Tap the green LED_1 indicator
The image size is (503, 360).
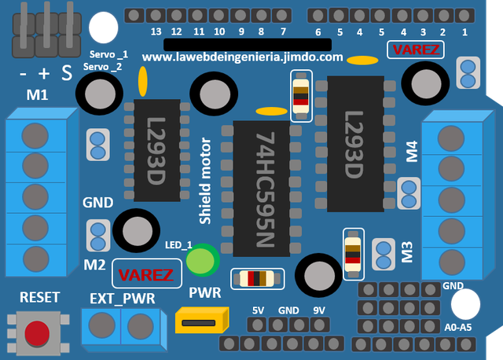(x=203, y=261)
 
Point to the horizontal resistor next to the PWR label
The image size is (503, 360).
(x=252, y=278)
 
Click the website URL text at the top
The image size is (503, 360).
(x=242, y=57)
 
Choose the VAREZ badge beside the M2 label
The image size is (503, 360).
(x=145, y=274)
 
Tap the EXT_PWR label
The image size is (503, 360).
(x=122, y=299)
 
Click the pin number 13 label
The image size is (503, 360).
(x=156, y=32)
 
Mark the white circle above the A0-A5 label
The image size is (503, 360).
(x=465, y=303)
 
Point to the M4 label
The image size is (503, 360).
(x=411, y=151)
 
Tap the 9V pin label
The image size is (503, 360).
(x=319, y=310)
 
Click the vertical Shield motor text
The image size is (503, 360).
(x=205, y=182)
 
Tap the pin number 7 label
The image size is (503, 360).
(x=283, y=32)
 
